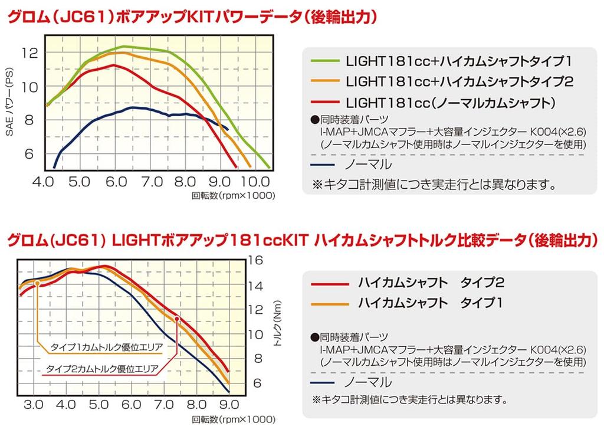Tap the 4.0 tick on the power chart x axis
click(44, 181)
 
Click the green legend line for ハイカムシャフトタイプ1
click(326, 60)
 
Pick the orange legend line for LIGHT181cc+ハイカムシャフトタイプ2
click(326, 81)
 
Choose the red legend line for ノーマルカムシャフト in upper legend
click(326, 101)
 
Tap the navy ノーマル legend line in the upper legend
click(326, 163)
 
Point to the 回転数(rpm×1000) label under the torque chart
click(234, 420)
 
